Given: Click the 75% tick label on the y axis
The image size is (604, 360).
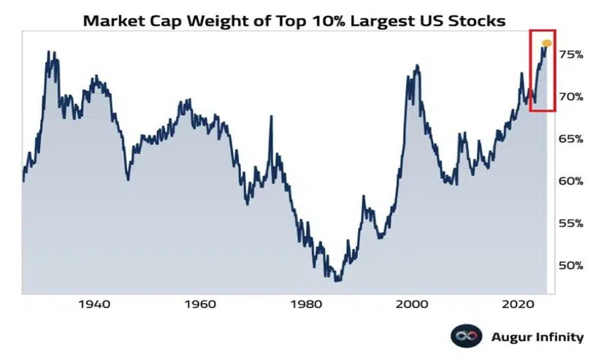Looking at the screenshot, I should point(571,55).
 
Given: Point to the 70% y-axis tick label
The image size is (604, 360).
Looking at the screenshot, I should point(571,96).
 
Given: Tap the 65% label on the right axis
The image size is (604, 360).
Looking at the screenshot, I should point(571,139).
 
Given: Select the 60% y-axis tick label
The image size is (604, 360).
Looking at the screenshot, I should point(571,181).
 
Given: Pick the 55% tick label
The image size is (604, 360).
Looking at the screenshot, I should point(571,223).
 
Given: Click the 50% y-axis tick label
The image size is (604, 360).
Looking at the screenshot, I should point(571,265).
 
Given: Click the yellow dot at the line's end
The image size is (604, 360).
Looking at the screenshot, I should point(547,44).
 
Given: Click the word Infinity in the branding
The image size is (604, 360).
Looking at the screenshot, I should point(558,337).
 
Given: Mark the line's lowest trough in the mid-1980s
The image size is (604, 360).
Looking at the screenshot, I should point(337,280).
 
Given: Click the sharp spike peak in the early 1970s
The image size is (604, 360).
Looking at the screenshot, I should point(272,116).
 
